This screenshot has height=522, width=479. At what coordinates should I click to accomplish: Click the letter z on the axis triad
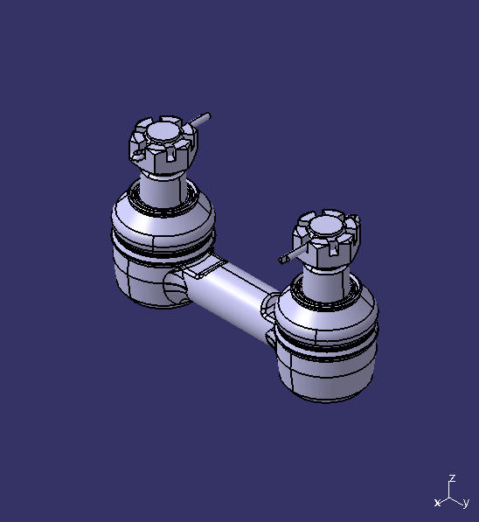click(452, 478)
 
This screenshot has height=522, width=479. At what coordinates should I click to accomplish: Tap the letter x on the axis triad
click(437, 503)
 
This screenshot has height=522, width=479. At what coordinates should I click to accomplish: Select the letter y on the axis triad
click(466, 503)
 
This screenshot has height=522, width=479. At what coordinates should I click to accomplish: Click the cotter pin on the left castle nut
click(201, 118)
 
